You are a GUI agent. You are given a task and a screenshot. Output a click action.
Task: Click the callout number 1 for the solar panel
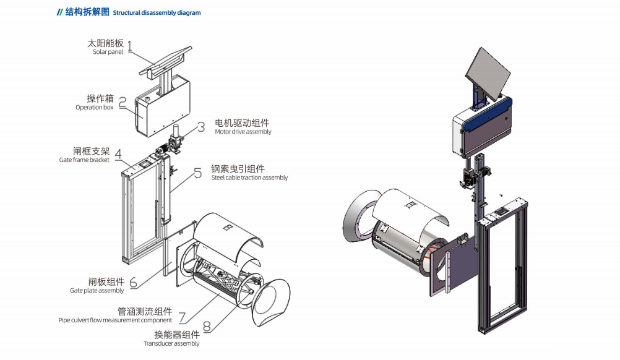coord(130,46)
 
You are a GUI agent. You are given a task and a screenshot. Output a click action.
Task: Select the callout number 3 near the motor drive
coord(201,127)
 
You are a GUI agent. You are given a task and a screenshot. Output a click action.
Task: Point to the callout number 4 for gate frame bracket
coord(118,154)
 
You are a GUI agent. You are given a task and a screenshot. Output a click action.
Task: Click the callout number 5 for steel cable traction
coord(197,173)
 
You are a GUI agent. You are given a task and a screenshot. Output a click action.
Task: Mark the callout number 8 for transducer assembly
coord(207,326)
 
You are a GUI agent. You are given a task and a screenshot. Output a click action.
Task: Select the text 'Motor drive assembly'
coord(243,132)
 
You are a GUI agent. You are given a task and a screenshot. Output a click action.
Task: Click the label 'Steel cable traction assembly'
coord(249,178)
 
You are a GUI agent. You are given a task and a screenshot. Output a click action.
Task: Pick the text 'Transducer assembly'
coord(171,344)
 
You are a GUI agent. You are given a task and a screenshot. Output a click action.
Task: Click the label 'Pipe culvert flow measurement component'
coord(115,320)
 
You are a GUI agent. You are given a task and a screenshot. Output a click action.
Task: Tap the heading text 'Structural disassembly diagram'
coord(157,13)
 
